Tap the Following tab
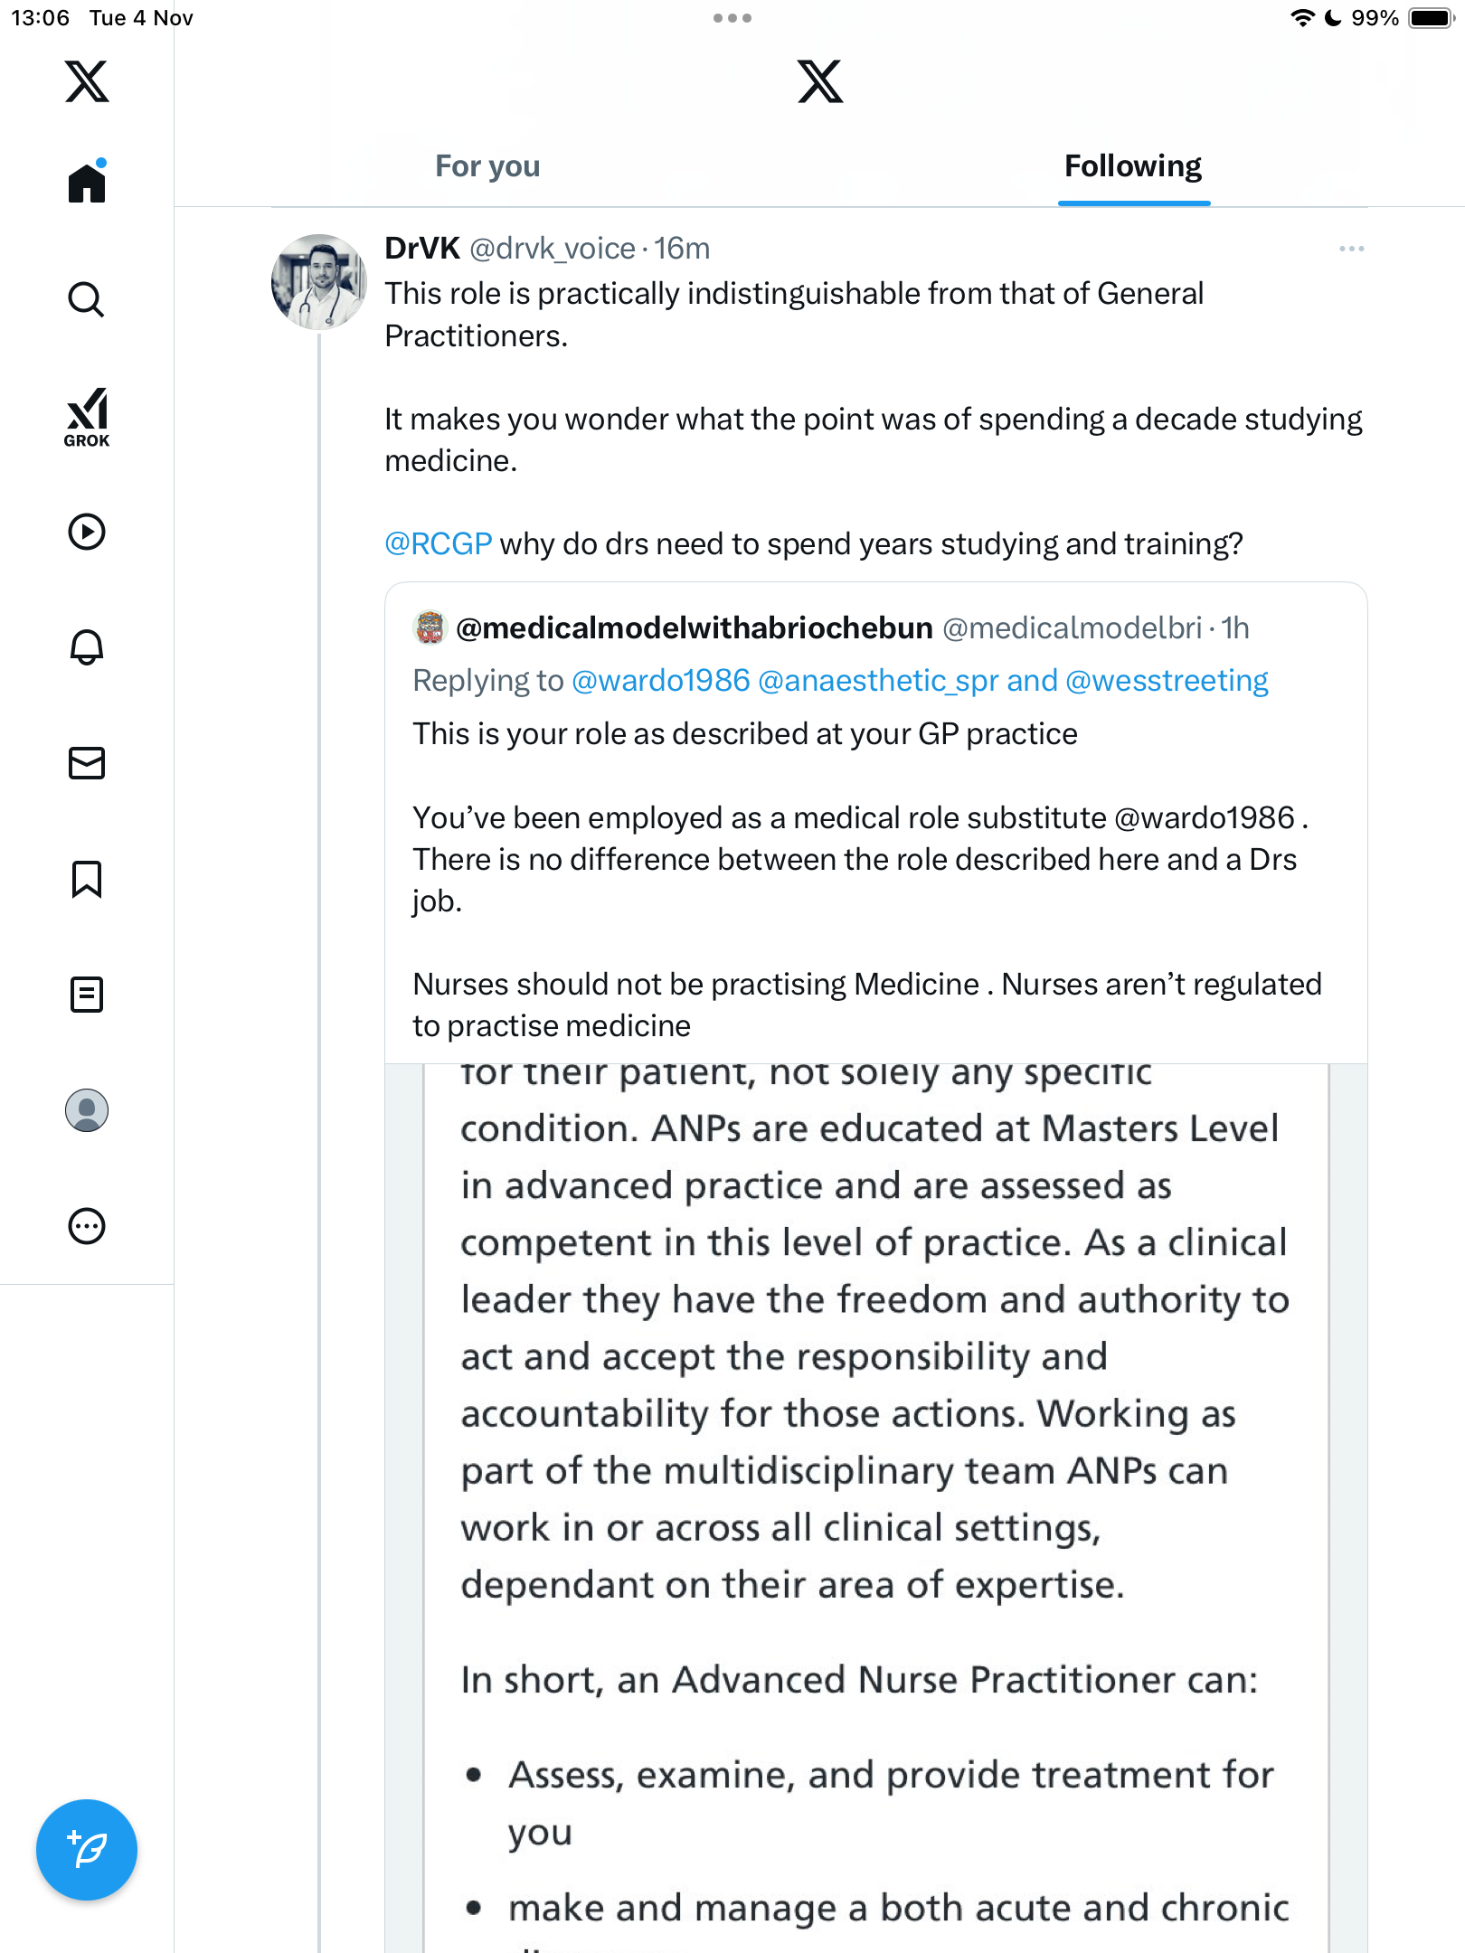click(1132, 166)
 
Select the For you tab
click(487, 166)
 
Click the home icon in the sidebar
click(87, 183)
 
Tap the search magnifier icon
click(87, 299)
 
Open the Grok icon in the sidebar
click(87, 417)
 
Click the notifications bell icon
click(87, 646)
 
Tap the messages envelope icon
click(87, 763)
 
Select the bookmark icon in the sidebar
click(87, 879)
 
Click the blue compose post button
click(87, 1849)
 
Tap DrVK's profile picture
click(318, 282)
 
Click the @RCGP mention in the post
click(439, 544)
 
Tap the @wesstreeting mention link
click(1167, 681)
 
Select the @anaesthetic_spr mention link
click(877, 681)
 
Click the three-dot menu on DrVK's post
click(1351, 249)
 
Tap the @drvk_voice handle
click(553, 249)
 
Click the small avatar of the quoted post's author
click(430, 627)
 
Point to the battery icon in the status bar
click(1431, 18)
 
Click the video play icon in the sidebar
click(87, 532)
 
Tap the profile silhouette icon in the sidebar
click(87, 1110)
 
